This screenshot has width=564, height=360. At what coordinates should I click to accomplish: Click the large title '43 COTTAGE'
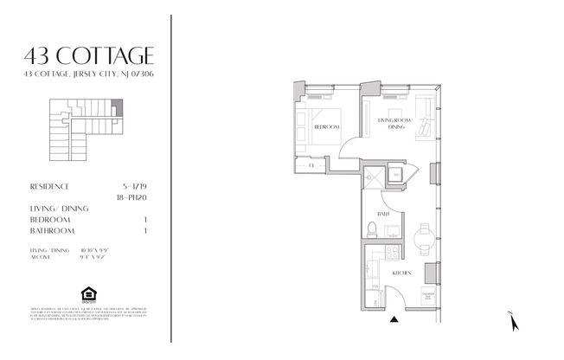90,56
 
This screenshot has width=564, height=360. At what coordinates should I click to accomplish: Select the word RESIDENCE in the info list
49,185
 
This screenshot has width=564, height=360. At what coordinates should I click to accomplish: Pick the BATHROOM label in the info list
52,231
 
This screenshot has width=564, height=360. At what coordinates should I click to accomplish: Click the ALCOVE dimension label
40,256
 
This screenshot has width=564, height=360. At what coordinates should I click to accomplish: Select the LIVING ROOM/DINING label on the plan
395,123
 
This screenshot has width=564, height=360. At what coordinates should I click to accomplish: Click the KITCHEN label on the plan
401,273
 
